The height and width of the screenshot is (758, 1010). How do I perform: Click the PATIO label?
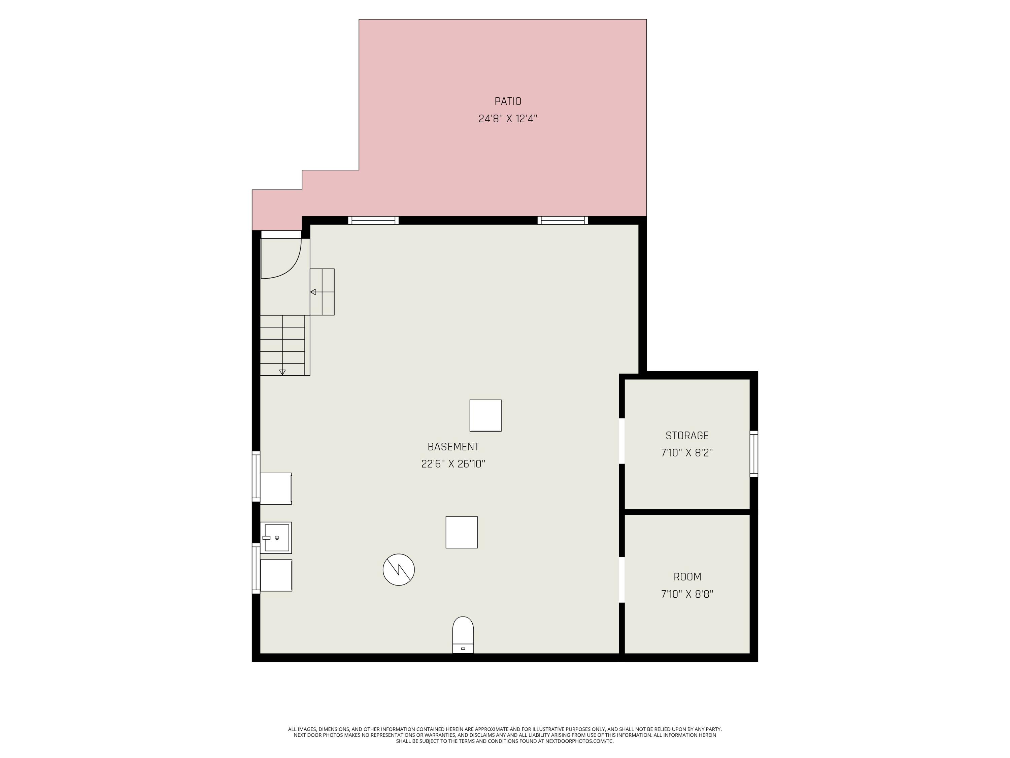point(508,101)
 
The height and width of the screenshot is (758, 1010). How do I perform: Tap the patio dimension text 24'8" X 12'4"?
point(508,119)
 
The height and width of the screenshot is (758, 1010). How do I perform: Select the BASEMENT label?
point(453,446)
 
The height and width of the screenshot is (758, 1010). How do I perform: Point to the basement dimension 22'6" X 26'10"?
point(453,464)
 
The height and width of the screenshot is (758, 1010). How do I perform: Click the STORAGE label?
point(687,435)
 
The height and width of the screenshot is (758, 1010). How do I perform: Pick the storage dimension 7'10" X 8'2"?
point(687,453)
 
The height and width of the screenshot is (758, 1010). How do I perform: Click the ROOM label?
point(687,577)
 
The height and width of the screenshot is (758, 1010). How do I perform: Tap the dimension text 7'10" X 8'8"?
point(687,594)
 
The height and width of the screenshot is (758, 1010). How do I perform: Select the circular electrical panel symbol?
point(398,569)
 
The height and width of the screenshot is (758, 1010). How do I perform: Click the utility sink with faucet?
point(276,537)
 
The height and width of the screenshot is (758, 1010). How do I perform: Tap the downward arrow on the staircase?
point(282,372)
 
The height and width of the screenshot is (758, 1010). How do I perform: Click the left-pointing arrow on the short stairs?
point(313,291)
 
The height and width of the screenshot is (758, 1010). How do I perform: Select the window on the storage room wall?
point(753,454)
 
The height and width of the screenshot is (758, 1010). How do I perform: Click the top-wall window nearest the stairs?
point(373,220)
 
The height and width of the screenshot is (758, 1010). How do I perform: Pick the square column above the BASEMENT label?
point(485,415)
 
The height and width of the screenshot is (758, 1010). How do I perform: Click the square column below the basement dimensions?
point(461,532)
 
